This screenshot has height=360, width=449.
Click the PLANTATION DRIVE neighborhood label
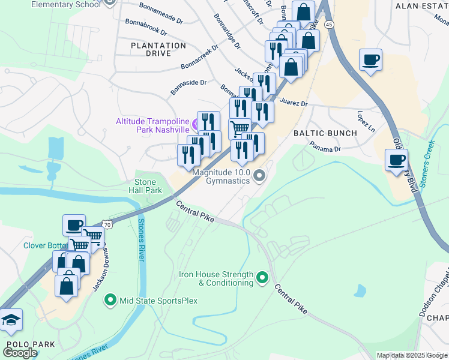tap(158, 49)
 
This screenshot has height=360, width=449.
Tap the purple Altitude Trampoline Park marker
tap(195, 125)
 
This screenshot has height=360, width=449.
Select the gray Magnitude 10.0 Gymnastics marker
tap(259, 176)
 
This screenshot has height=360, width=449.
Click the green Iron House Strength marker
tap(262, 278)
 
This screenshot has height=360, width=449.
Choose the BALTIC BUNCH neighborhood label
tap(325, 133)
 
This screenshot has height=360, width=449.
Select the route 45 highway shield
tap(328, 24)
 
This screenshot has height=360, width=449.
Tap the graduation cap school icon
tap(10, 320)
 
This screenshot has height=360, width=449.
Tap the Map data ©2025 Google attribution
tap(412, 355)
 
